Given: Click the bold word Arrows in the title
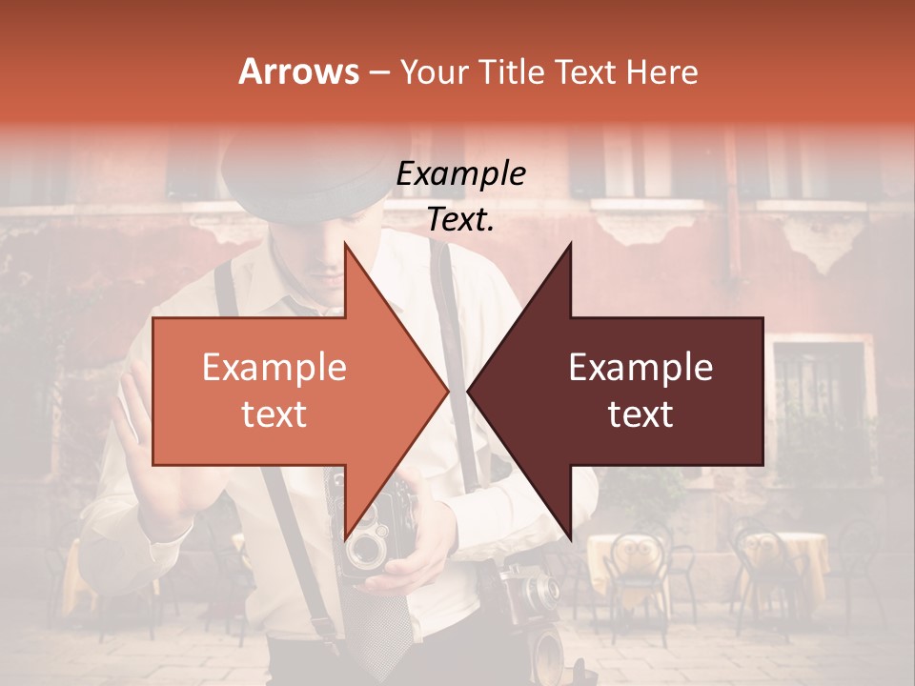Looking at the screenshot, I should click(x=298, y=71).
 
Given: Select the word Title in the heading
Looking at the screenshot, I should click(x=512, y=71).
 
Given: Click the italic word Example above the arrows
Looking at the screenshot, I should click(x=460, y=174).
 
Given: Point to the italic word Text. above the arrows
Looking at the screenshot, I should click(x=460, y=219).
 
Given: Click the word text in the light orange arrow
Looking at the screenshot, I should click(x=274, y=414).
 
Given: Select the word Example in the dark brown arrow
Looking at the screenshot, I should click(x=640, y=368).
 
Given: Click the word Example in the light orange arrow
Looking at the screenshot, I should click(x=274, y=368).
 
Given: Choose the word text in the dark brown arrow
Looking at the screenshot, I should click(x=640, y=414).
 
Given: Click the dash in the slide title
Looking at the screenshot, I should click(x=378, y=72).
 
